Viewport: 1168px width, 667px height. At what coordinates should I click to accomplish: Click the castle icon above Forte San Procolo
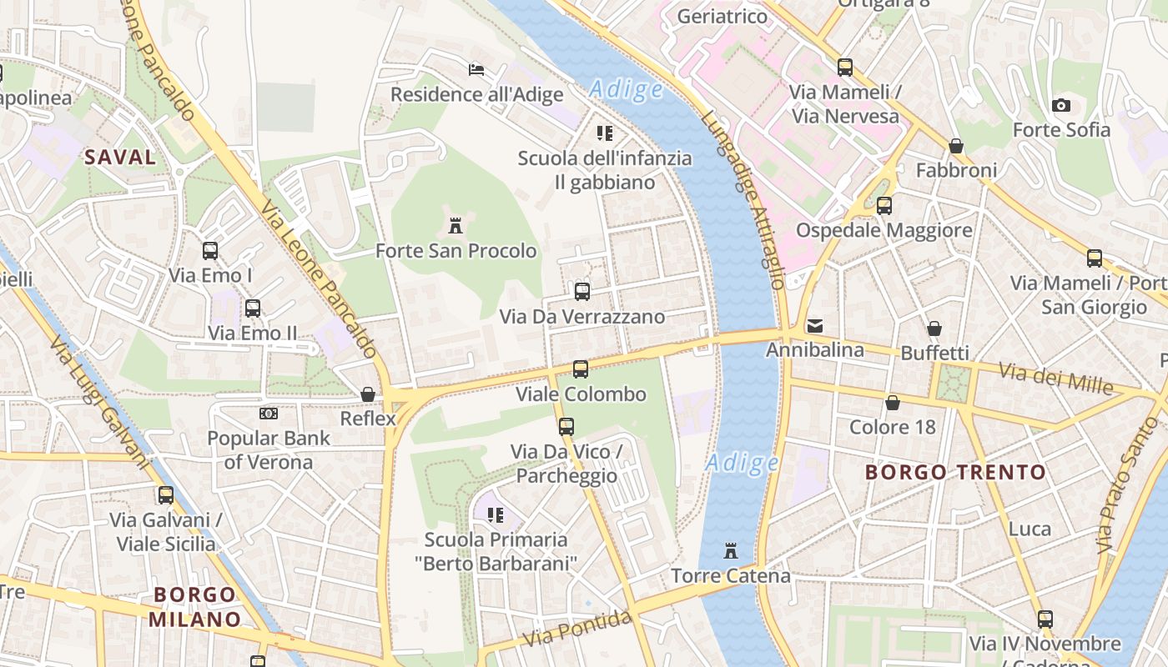tap(456, 225)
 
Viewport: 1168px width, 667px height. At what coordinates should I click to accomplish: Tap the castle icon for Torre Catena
tap(731, 550)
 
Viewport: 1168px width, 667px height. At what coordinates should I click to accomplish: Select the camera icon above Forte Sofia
tap(1061, 105)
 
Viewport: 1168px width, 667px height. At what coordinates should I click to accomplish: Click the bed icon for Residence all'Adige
tap(476, 69)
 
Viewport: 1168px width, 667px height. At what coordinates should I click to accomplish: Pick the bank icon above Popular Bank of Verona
tap(268, 413)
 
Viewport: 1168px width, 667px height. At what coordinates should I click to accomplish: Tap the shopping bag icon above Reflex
tap(367, 394)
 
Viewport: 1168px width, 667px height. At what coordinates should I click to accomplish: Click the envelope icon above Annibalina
tap(814, 325)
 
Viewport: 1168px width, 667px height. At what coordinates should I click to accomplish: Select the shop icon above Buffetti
tap(934, 328)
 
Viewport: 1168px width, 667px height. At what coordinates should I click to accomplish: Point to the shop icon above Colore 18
tap(893, 403)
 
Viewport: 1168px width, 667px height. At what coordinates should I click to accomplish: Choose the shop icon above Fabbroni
tap(956, 146)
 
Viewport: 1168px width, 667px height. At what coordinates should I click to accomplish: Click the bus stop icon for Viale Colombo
tap(580, 369)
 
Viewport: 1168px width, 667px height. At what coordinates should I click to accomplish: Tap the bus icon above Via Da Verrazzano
tap(582, 292)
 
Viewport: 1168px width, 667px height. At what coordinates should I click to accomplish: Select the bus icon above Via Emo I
tap(210, 250)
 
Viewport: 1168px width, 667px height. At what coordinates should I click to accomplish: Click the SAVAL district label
tap(120, 157)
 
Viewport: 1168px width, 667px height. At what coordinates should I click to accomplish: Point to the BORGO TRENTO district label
tap(954, 473)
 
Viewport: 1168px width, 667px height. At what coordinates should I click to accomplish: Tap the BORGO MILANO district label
tap(194, 607)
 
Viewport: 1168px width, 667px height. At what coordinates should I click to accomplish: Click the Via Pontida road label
tap(577, 629)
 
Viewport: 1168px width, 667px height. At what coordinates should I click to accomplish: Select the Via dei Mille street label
tap(1056, 379)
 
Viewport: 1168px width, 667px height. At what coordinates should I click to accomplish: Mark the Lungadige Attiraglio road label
tap(743, 200)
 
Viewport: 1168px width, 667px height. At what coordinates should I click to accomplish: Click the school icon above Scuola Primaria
tap(496, 515)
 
